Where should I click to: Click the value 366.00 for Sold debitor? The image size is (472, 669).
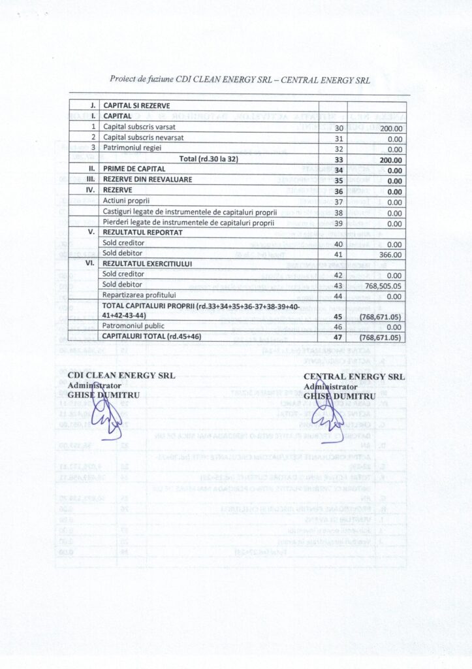pos(392,254)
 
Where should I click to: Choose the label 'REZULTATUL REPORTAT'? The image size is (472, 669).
pos(141,233)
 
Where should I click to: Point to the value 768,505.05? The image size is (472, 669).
pos(379,285)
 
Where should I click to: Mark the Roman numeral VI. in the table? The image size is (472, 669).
pos(91,263)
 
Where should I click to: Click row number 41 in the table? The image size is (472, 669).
pos(338,254)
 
